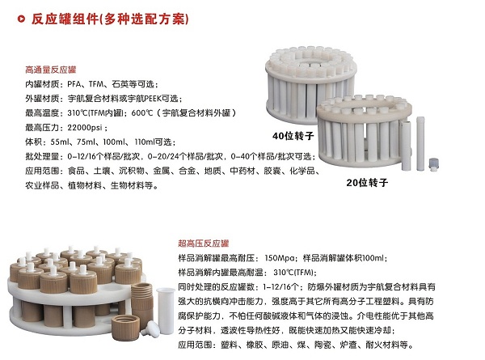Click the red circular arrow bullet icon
(x=21, y=19)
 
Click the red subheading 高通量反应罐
(x=51, y=70)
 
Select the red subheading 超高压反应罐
(x=203, y=244)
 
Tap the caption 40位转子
(x=293, y=136)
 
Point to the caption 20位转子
(x=367, y=182)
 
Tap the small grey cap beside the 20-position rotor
(x=434, y=164)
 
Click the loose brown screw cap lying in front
(x=125, y=327)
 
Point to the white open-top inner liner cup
(x=166, y=311)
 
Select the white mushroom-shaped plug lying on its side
(x=150, y=329)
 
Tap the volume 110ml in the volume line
(x=144, y=142)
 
